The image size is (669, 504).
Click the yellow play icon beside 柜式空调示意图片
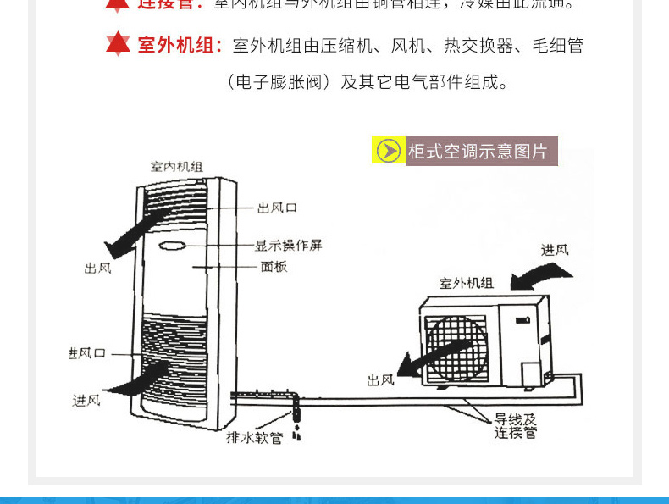click(389, 151)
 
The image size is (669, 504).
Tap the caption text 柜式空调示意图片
click(478, 152)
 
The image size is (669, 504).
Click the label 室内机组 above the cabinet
click(176, 166)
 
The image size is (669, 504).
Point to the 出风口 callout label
click(278, 208)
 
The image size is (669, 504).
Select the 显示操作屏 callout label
click(289, 246)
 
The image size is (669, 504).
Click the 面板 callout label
click(274, 267)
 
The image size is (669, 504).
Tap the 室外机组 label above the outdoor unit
click(467, 283)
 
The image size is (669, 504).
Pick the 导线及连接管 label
click(516, 426)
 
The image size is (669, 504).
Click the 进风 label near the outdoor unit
click(556, 250)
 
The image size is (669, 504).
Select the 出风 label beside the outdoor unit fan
click(381, 380)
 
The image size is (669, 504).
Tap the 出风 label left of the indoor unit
click(98, 268)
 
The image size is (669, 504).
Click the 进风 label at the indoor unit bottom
click(86, 400)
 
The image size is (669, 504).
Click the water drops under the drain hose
click(297, 435)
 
